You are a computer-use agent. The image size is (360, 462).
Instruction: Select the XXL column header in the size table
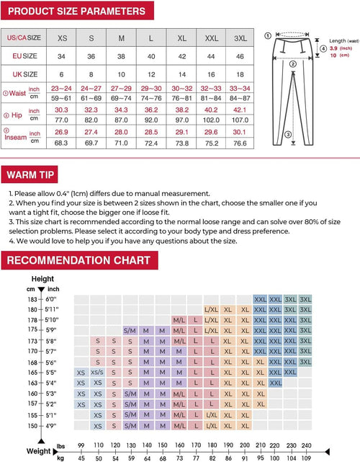(x=211, y=37)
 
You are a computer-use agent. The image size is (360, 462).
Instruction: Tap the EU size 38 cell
(x=121, y=55)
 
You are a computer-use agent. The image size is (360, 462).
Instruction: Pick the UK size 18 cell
(x=240, y=74)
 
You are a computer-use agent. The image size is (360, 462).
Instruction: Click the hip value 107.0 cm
(x=240, y=120)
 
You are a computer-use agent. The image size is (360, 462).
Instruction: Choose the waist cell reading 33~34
(x=240, y=87)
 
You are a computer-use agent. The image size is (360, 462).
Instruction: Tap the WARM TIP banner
(x=32, y=174)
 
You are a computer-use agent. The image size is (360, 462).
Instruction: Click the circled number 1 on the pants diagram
(x=268, y=34)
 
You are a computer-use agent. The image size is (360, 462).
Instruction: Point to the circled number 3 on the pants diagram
(x=288, y=133)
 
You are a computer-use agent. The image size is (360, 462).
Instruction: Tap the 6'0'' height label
(x=51, y=299)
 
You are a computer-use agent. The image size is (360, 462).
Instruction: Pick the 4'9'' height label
(x=51, y=426)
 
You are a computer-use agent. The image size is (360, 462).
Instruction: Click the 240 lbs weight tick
(x=307, y=445)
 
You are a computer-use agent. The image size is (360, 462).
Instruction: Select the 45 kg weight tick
(x=81, y=457)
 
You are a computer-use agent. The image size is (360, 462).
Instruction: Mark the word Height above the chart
(x=42, y=279)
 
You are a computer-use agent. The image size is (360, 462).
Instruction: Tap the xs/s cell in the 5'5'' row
(x=97, y=373)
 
